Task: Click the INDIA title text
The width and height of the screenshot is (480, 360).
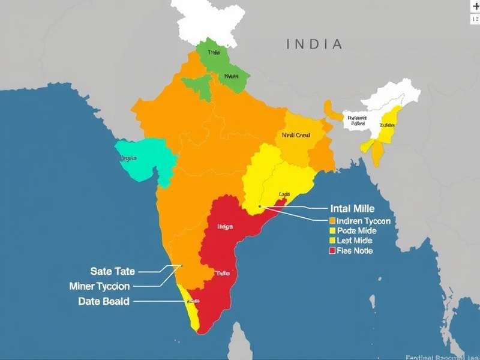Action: coord(314,44)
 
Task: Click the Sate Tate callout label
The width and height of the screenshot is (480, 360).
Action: coord(112,271)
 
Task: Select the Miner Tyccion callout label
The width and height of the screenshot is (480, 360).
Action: coord(99,286)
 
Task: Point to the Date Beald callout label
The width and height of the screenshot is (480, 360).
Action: coord(103,301)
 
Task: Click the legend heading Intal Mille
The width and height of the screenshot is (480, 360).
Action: coord(352,209)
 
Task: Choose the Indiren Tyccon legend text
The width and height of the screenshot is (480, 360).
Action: coord(364,221)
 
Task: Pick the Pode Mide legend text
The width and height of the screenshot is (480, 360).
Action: coord(356,231)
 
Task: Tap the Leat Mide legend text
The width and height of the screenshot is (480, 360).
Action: coord(355,241)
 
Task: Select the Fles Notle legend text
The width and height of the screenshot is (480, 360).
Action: coord(355,250)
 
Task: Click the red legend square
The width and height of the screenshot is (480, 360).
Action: coord(332,250)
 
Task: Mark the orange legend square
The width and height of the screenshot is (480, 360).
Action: coord(332,221)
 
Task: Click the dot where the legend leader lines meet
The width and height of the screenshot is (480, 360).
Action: coord(260,207)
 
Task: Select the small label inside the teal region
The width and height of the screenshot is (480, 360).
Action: coord(128,158)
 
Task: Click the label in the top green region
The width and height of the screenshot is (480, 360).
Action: coord(214,53)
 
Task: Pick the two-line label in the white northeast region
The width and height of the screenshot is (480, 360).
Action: coord(356,121)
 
